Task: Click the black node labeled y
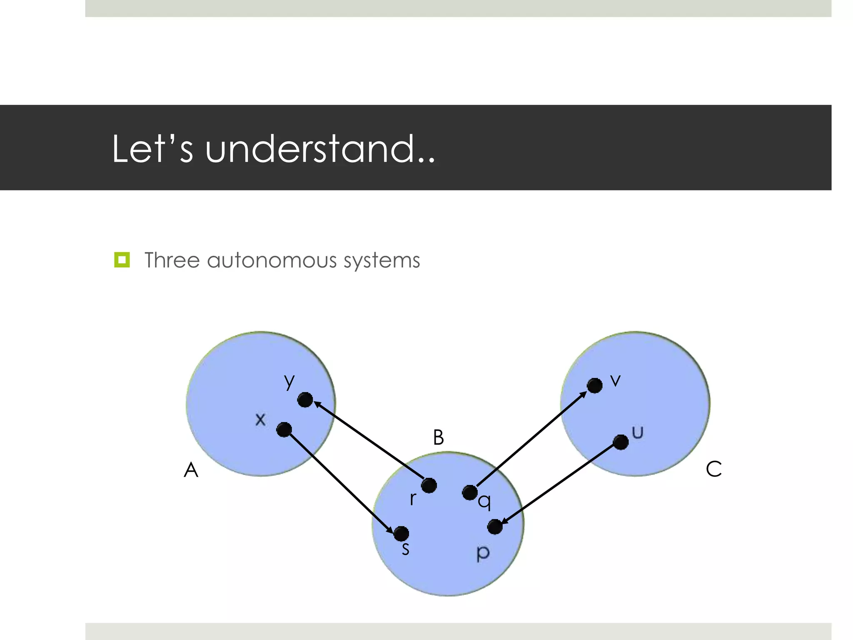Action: [x=305, y=400]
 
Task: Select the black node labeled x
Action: [x=284, y=430]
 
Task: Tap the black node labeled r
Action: [x=429, y=485]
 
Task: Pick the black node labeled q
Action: [x=470, y=492]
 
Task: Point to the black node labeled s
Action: [x=401, y=533]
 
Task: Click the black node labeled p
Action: [x=495, y=527]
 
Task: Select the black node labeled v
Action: [x=594, y=385]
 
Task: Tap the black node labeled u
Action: [x=621, y=442]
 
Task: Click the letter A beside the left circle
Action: [x=191, y=470]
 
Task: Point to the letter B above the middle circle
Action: [x=438, y=438]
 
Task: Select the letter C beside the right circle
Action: [x=713, y=469]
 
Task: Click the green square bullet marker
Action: [x=122, y=260]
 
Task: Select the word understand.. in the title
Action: [x=320, y=149]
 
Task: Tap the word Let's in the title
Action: [x=152, y=149]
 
